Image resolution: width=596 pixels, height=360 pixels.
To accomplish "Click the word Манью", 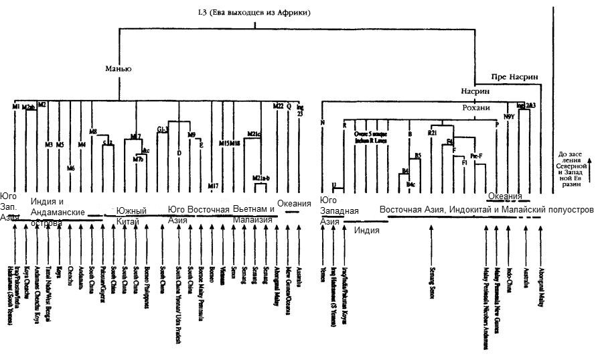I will click(117, 68).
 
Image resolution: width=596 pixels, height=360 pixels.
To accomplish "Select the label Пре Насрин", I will click(514, 76).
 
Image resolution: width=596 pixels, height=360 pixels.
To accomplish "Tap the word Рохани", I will click(476, 108).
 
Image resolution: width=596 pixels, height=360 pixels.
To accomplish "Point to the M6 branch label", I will click(70, 168).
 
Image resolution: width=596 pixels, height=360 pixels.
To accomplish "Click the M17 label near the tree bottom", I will click(213, 186).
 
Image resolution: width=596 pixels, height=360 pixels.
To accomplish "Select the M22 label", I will click(279, 106).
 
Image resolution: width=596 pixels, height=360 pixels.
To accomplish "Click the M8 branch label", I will click(93, 131).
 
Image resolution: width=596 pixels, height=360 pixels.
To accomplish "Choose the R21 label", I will click(433, 133).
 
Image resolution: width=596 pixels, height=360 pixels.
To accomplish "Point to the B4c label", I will click(411, 183).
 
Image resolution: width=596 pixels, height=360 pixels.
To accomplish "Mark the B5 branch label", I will click(417, 156).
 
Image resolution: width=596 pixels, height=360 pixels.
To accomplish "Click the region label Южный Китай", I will click(131, 215).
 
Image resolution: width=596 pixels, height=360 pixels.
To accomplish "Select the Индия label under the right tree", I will click(366, 230).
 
